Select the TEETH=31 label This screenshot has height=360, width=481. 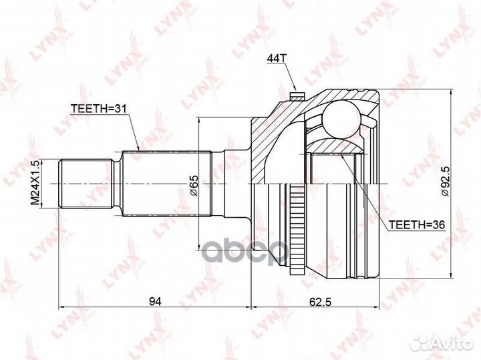click(98, 109)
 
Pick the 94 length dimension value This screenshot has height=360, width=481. click(154, 301)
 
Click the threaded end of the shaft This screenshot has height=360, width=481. click(84, 182)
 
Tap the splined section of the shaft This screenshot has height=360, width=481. click(167, 182)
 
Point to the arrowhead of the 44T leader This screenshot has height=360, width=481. click(293, 89)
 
